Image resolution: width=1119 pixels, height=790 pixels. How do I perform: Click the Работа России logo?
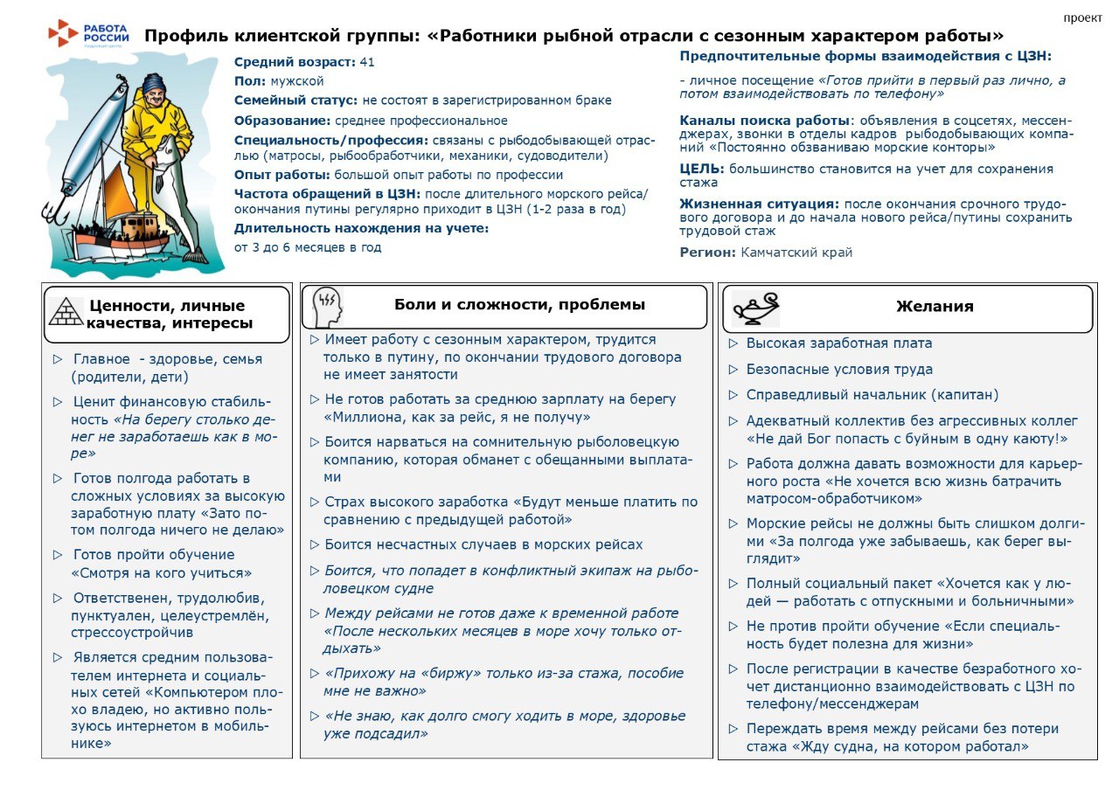89,33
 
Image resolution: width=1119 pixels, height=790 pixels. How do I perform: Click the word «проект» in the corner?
1082,17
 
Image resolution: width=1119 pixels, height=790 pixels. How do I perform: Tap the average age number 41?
367,62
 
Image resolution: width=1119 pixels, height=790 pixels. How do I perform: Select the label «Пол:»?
250,81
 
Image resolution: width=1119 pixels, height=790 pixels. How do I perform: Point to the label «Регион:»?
708,253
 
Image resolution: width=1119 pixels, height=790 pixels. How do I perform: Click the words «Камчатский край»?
796,253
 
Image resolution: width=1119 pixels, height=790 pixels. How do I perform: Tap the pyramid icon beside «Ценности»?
66,312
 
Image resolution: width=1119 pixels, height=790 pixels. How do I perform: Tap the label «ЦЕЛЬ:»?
702,169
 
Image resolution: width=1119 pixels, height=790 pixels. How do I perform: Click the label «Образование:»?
280,121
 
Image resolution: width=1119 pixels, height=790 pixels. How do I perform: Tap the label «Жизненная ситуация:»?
760,204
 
